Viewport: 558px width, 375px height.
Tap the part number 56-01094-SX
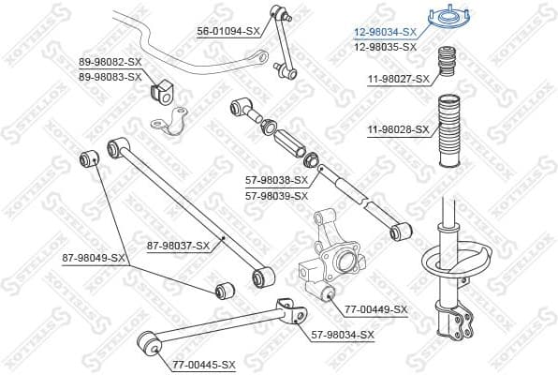[x=228, y=31]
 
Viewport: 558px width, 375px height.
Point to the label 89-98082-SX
[x=110, y=62]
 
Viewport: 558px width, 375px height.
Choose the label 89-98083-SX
[x=110, y=76]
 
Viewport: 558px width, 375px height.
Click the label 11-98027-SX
[x=398, y=79]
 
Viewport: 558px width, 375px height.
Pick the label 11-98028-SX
[x=398, y=129]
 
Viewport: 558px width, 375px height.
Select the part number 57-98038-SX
[x=276, y=179]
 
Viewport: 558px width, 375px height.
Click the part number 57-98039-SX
[x=276, y=195]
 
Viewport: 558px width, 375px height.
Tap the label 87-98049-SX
[x=94, y=257]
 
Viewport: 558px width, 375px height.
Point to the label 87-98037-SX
[x=178, y=247]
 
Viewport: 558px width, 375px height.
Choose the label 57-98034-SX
[x=342, y=335]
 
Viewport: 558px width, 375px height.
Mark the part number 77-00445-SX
[x=203, y=364]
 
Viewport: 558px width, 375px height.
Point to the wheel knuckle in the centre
[x=331, y=253]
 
